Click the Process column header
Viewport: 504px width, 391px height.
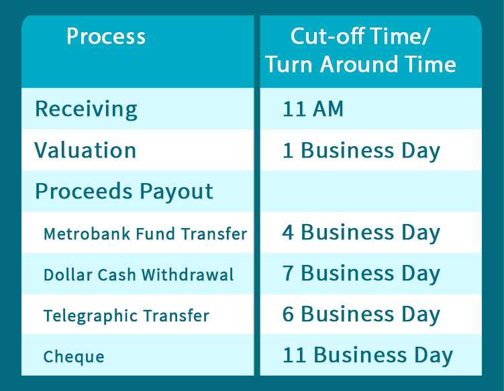click(x=106, y=36)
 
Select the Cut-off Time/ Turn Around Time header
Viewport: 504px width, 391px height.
click(x=360, y=50)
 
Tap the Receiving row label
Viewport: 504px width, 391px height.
click(x=86, y=109)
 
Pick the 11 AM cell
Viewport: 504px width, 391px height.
click(x=313, y=109)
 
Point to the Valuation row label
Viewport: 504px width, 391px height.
click(x=85, y=150)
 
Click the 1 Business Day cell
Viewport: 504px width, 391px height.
click(x=361, y=151)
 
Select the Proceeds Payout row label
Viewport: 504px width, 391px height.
click(x=124, y=192)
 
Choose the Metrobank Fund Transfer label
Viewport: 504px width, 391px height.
click(x=145, y=233)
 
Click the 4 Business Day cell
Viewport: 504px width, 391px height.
click(x=361, y=233)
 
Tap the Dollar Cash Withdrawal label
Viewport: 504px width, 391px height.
click(x=138, y=275)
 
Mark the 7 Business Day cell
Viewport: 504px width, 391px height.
click(x=361, y=274)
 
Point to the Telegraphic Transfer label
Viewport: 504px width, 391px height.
click(x=126, y=316)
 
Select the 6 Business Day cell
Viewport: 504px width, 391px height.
click(x=361, y=315)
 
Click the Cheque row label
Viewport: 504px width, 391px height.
click(x=74, y=357)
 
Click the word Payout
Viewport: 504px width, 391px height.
click(x=177, y=192)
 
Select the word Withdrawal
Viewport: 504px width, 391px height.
click(x=188, y=275)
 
